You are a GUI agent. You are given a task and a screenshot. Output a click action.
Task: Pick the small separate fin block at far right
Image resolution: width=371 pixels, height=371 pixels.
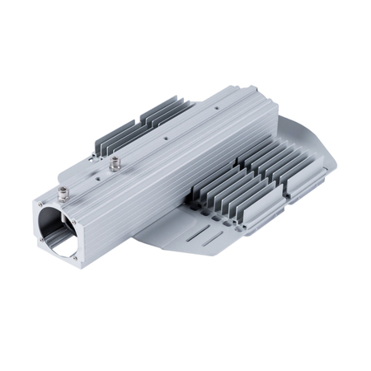click(297, 181)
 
